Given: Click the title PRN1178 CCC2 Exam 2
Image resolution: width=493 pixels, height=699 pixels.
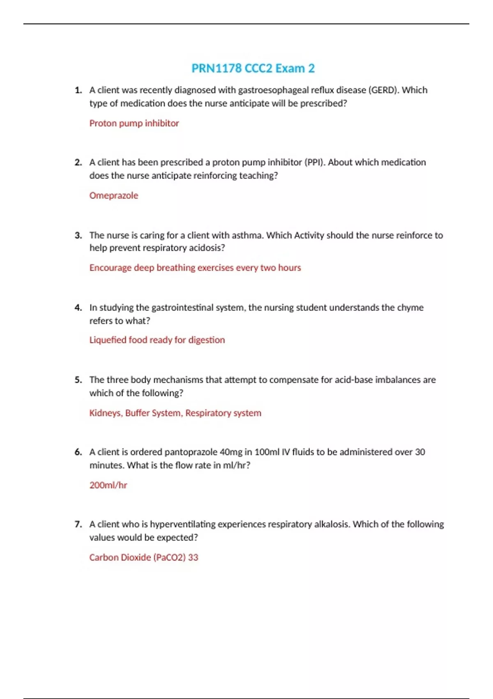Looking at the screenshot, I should pos(253,68).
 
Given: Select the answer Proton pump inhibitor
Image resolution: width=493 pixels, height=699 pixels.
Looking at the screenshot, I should pos(134,123).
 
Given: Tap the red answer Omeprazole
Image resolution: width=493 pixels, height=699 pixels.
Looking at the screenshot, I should pos(114,195).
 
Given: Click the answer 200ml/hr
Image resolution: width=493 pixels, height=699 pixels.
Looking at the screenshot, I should pos(108,485).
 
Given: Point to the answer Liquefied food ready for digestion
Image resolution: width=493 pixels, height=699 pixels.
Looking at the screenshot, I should pos(157,340).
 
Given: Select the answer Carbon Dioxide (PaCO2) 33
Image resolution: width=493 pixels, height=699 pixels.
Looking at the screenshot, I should pos(144,558).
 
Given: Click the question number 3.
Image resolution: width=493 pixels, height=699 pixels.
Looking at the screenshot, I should pos(78,236).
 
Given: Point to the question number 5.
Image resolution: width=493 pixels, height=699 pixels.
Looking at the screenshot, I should pos(78,380).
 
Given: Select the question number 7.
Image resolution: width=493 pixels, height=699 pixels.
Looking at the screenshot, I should pos(78,524).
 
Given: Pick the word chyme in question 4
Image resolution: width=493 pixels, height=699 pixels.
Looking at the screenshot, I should pos(410,308).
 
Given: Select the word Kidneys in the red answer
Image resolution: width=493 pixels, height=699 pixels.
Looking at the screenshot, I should pos(105,413).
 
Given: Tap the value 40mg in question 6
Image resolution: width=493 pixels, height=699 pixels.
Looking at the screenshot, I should pos(231,452).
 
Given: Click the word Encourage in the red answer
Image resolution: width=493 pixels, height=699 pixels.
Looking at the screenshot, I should pos(110,268).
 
